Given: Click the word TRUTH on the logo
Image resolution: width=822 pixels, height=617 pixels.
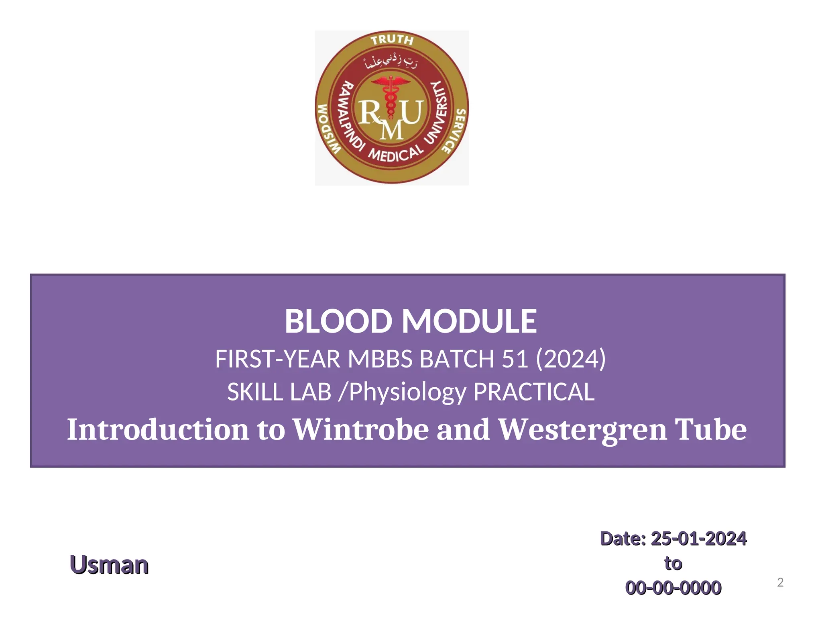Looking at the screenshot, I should (392, 40).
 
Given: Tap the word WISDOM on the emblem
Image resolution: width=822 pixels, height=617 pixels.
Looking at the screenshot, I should (329, 129).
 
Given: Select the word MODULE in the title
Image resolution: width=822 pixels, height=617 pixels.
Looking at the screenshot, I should (469, 321).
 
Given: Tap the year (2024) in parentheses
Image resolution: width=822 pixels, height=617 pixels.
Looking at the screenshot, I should (571, 359).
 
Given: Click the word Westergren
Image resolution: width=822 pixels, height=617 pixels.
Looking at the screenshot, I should (582, 429).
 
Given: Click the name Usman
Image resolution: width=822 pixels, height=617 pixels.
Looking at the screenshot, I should (109, 565).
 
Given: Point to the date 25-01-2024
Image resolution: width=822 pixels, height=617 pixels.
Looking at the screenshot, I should (698, 539).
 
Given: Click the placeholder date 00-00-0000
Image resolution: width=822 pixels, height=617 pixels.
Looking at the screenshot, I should (673, 588).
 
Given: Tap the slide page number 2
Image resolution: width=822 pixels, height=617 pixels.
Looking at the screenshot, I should (780, 582).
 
